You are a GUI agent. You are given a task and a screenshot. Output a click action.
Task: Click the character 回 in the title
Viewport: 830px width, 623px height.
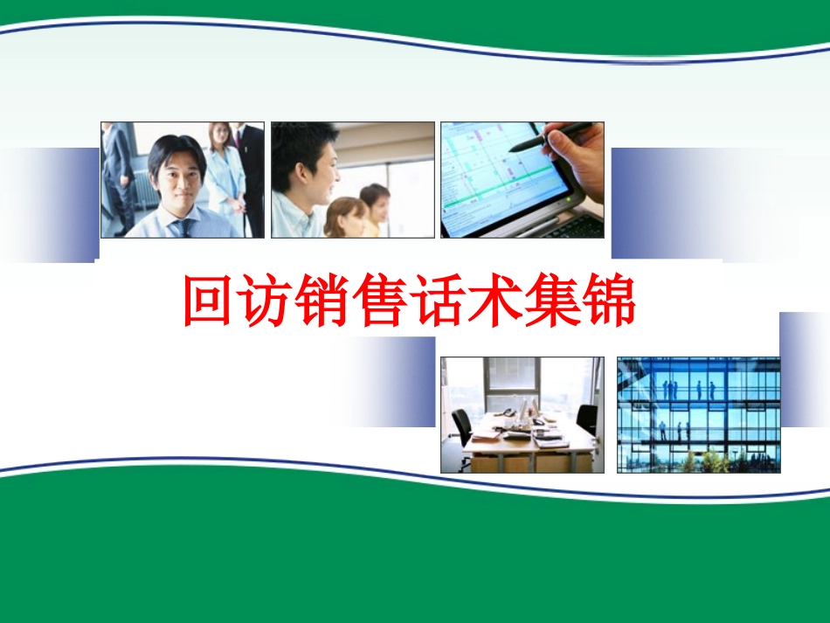click(211, 302)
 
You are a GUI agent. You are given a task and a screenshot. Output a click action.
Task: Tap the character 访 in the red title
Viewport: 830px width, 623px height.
click(267, 302)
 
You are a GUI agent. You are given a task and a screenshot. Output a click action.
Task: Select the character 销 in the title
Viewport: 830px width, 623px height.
click(324, 302)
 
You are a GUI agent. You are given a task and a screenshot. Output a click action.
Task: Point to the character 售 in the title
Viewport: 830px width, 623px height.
click(381, 302)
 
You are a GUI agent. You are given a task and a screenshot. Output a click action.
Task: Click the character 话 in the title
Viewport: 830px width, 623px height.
click(438, 302)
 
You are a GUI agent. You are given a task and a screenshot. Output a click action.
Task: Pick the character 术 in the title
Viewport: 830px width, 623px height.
click(495, 302)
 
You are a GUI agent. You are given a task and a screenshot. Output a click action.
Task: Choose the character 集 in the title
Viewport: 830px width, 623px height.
click(551, 302)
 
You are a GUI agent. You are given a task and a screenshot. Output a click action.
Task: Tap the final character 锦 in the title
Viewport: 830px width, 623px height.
click(608, 302)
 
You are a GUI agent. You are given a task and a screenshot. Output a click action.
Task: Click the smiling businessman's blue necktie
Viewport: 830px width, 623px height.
click(183, 228)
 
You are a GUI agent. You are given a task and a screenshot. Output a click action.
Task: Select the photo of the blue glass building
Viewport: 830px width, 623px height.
click(698, 414)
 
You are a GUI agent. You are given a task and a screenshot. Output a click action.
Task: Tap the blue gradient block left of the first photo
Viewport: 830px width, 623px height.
click(52, 204)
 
